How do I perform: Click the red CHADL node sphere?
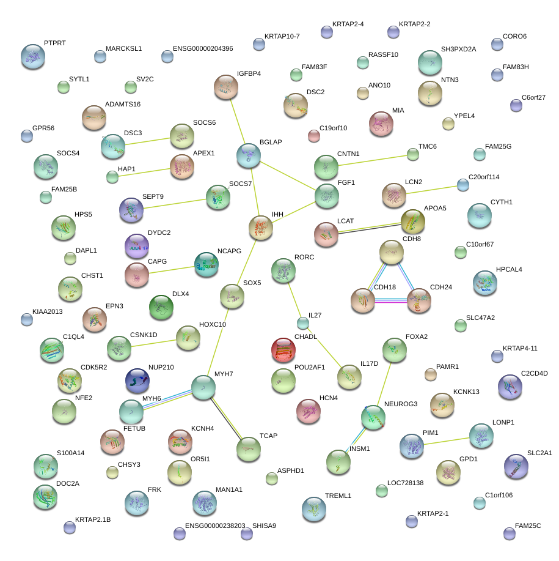point(283,349)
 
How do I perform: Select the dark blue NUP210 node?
point(137,381)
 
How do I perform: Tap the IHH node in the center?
point(261,228)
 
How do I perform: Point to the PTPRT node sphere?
point(32,56)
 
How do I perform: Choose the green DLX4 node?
point(161,307)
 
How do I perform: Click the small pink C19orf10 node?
point(314,135)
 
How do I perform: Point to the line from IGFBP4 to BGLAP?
point(239,121)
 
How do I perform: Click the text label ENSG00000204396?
point(203,48)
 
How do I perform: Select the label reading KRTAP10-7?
point(282,37)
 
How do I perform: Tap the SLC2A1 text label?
point(539,453)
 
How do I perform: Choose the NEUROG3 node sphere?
point(373,417)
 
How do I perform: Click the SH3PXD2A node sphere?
point(430,62)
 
